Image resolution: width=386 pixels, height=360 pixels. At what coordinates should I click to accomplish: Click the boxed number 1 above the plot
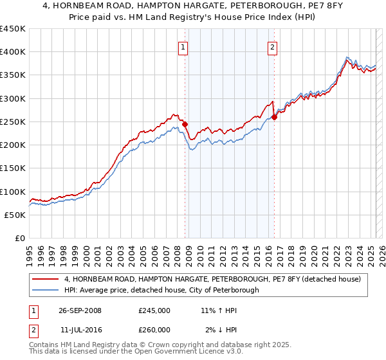[x=183, y=46]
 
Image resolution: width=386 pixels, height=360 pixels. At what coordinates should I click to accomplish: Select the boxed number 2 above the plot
[x=273, y=46]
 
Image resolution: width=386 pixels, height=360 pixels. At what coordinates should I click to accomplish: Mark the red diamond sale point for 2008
[x=185, y=124]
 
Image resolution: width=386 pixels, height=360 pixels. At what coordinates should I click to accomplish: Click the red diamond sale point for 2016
[x=274, y=117]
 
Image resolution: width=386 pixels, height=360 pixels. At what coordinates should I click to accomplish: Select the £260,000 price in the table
[x=154, y=330]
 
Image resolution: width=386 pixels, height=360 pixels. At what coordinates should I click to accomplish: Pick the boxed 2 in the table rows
[x=33, y=330]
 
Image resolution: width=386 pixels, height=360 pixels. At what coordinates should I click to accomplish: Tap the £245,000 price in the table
[x=154, y=310]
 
